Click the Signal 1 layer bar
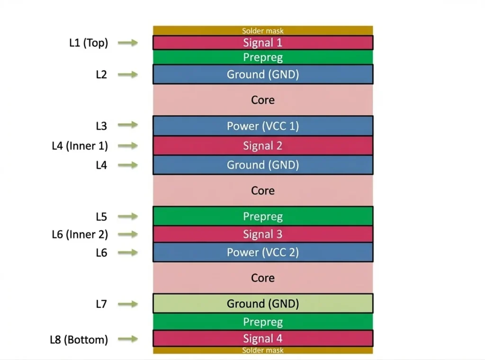pyautogui.click(x=262, y=43)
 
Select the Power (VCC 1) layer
pyautogui.click(x=262, y=126)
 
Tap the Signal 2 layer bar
pyautogui.click(x=262, y=146)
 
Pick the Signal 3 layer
pyautogui.click(x=262, y=234)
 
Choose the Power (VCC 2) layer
pyautogui.click(x=262, y=252)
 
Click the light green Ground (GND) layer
pyautogui.click(x=262, y=304)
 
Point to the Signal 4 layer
pyautogui.click(x=262, y=338)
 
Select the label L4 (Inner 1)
pyautogui.click(x=80, y=146)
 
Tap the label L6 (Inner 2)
pyautogui.click(x=80, y=234)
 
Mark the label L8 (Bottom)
pyautogui.click(x=79, y=340)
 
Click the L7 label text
pyautogui.click(x=101, y=304)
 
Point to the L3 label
pyautogui.click(x=101, y=126)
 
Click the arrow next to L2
pyautogui.click(x=128, y=74)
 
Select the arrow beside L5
pyautogui.click(x=128, y=216)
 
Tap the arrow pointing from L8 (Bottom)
pyautogui.click(x=128, y=339)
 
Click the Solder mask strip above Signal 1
pyautogui.click(x=262, y=31)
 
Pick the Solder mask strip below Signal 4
pyautogui.click(x=262, y=351)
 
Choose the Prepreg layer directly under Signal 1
pyautogui.click(x=262, y=57)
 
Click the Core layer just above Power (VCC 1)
pyautogui.click(x=262, y=100)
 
